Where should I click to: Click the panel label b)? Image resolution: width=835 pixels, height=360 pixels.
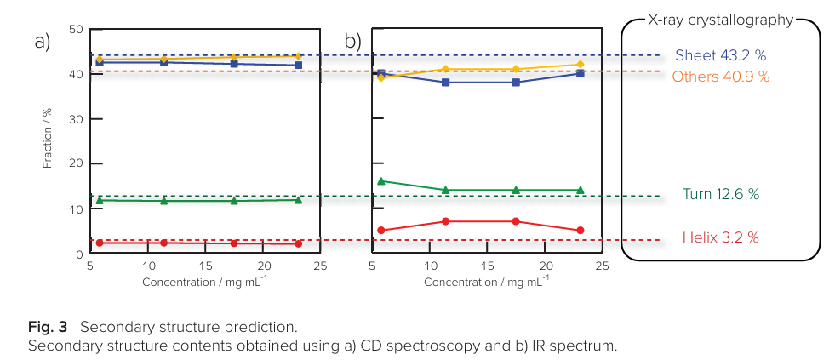coord(352,41)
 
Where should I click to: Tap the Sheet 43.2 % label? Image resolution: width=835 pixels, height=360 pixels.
coord(720,55)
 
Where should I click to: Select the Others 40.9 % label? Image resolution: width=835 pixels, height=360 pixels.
coord(720,77)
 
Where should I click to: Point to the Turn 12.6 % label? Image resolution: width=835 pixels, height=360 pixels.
coord(720,194)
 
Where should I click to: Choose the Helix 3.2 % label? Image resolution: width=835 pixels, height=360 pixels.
coord(720,237)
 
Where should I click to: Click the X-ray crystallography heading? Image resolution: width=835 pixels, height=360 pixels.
coord(720,20)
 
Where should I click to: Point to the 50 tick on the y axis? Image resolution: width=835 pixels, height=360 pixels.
coord(76,30)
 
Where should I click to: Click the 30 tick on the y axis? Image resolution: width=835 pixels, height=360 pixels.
coord(76,119)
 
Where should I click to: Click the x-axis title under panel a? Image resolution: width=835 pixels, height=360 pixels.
coord(204,281)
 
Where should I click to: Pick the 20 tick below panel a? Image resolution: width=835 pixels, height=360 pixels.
coord(263,266)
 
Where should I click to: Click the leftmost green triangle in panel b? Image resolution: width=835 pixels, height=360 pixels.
coord(381,181)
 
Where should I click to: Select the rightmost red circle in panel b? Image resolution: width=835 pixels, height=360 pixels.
coord(580,231)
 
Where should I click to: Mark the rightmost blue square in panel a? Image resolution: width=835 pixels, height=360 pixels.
coord(298,65)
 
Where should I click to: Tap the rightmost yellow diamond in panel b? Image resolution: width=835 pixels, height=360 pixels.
coord(580,64)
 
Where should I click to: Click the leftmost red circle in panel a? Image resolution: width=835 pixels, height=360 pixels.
coord(100,243)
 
